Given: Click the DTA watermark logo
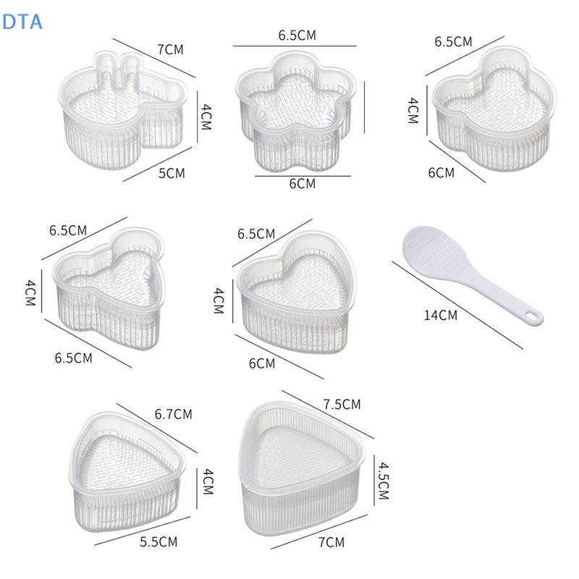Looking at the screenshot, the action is pos(22,22).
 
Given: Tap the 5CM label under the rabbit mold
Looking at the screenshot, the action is pos(172,173).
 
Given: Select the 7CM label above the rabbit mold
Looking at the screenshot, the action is pos(170,49).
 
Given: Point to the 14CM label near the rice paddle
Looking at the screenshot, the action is pos(440,316).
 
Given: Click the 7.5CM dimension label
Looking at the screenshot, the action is pos(342,405).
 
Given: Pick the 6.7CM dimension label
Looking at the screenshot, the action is pos(173,414).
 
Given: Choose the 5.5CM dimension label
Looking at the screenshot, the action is pos(159,542).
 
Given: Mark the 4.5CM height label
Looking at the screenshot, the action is pos(384,481).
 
